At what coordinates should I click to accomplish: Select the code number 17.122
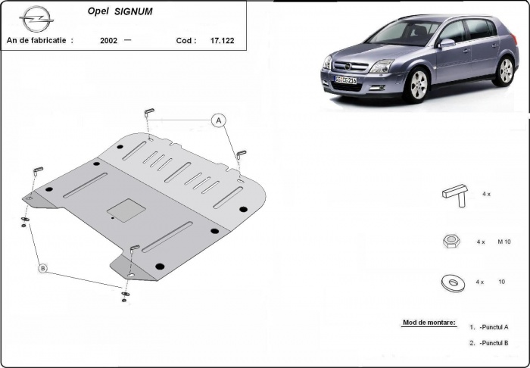click(222, 41)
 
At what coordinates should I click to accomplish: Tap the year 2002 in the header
click(108, 41)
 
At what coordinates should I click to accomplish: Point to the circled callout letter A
click(218, 120)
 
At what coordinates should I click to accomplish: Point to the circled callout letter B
click(42, 268)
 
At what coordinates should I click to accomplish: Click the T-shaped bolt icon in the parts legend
click(454, 195)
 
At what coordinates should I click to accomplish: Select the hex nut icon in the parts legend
click(449, 242)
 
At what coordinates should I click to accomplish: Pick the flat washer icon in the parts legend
click(451, 282)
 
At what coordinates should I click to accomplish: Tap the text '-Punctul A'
click(494, 326)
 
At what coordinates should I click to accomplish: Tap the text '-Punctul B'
click(494, 343)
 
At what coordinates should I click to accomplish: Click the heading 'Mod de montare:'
click(429, 323)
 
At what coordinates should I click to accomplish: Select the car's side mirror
click(447, 44)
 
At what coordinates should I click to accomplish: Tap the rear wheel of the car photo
click(506, 70)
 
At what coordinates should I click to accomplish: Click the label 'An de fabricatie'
click(39, 41)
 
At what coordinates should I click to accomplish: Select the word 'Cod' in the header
click(184, 41)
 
